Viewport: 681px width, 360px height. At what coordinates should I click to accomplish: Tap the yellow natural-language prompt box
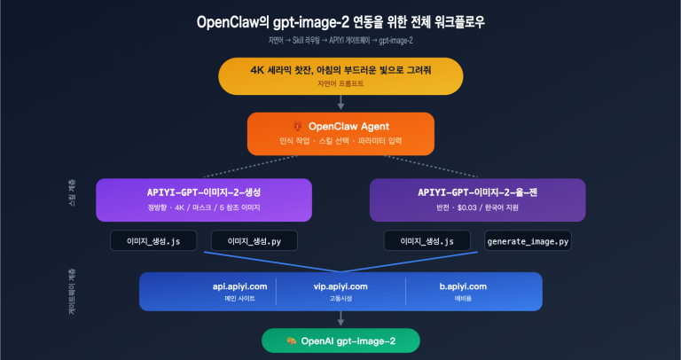click(340, 75)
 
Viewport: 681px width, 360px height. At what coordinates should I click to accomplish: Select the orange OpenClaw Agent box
click(340, 133)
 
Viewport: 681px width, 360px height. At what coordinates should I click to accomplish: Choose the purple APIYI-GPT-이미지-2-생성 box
click(204, 200)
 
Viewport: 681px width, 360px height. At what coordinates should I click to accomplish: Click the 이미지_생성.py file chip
click(254, 240)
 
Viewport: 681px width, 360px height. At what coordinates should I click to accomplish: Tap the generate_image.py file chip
click(528, 240)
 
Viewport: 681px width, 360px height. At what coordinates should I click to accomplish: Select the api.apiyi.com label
click(233, 286)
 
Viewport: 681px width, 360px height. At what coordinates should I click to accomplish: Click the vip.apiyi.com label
click(340, 286)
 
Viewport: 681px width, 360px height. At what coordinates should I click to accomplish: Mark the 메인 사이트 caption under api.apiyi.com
click(233, 299)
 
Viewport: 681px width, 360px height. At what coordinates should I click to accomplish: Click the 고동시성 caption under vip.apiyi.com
click(340, 299)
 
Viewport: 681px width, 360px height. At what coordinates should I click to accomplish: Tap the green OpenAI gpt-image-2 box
click(340, 340)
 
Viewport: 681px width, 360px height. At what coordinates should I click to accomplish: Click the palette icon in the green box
click(291, 340)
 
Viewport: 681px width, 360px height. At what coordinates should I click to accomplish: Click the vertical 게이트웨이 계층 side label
click(70, 289)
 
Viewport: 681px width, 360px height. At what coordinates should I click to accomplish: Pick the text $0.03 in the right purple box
click(467, 208)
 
